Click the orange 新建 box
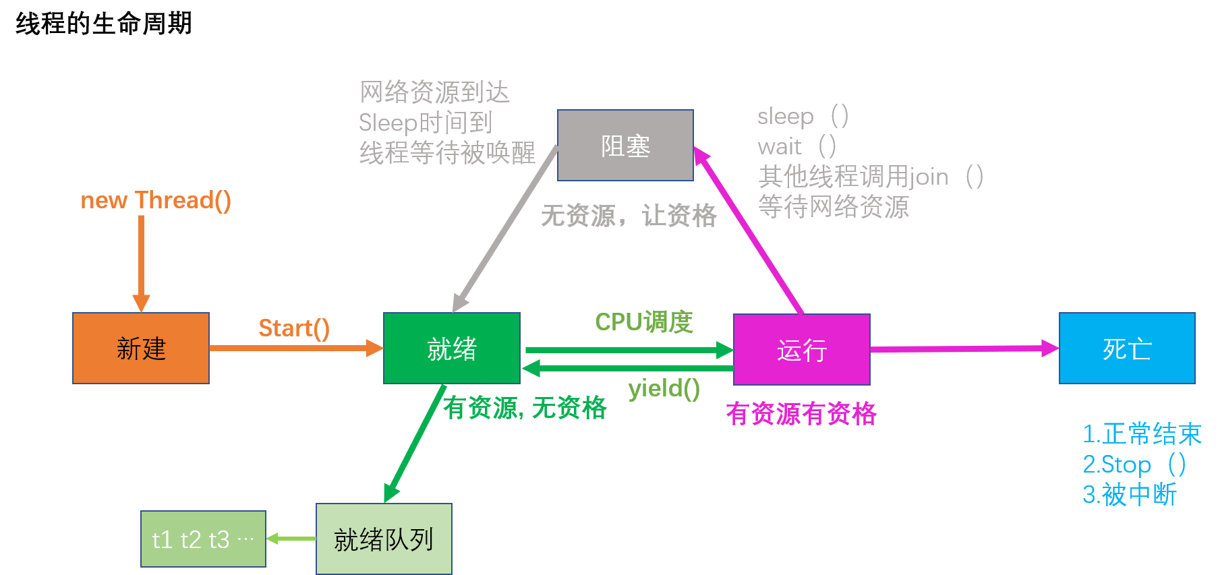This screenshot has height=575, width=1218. pos(141,348)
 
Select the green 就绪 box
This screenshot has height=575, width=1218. pos(451,348)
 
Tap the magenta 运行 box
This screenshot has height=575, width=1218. pos(801,349)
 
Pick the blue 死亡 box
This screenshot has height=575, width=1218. pos(1127,348)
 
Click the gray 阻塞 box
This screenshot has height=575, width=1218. pos(625,146)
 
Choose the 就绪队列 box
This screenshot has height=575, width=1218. pos(384,539)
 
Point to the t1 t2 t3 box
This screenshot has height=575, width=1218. pos(203,539)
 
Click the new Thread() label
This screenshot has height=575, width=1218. pos(156,200)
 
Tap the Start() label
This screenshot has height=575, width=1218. pos(294,328)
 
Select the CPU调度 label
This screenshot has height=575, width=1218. pos(643,322)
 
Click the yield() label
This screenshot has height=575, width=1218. pos(664,388)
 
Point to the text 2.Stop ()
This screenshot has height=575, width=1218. pos(1134,464)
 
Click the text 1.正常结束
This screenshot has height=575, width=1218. pos(1142,433)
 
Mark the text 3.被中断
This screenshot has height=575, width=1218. pos(1130,495)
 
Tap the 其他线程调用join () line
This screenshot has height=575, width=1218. pos(870,177)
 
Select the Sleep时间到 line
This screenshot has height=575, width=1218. pos(426,123)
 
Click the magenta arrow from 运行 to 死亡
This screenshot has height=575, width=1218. pos(964,349)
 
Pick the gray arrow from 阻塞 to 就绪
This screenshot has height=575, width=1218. pos(506,229)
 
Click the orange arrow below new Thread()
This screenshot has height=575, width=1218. pos(141,263)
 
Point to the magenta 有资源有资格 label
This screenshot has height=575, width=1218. pos(801,413)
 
